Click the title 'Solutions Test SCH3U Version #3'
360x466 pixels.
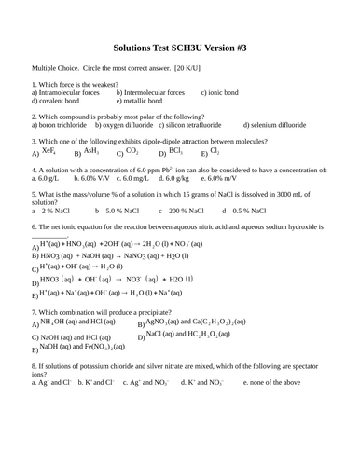[180, 45]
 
